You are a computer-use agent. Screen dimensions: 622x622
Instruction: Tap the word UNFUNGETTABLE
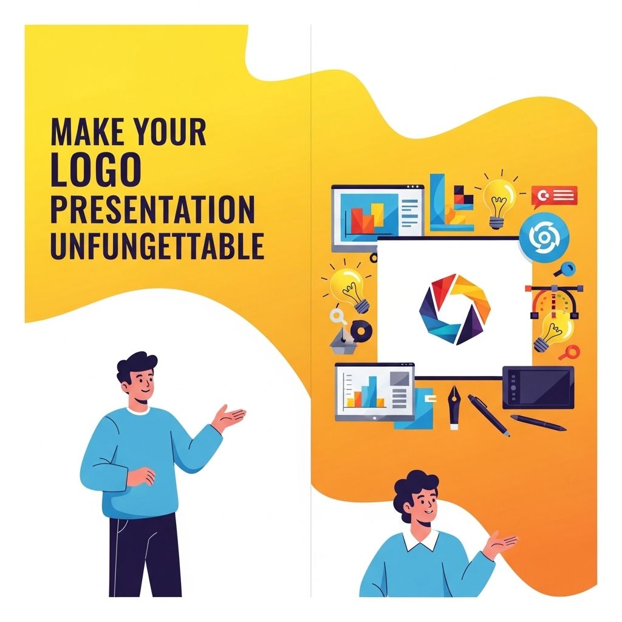[x=157, y=246]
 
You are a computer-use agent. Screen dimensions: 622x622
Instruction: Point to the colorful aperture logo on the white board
[x=454, y=309]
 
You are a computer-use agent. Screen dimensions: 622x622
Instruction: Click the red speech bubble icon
[x=554, y=196]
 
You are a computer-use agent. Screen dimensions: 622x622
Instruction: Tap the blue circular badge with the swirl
[x=544, y=238]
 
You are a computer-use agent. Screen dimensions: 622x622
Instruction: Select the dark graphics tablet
[x=538, y=388]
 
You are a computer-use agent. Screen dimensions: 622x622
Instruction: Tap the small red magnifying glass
[x=570, y=352]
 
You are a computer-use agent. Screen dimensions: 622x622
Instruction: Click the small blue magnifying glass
[x=566, y=268]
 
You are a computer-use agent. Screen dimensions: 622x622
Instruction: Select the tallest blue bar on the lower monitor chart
[x=372, y=391]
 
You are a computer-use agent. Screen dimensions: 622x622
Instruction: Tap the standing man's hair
[x=136, y=365]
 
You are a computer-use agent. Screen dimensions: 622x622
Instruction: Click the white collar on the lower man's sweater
[x=420, y=539]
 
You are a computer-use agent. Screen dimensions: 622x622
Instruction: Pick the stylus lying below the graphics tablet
[x=538, y=423]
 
